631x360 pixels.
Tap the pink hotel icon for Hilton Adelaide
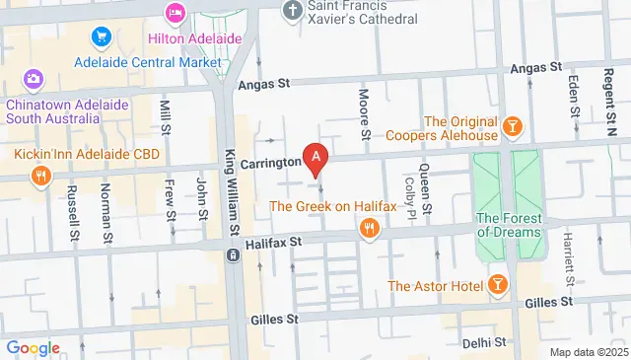(175, 14)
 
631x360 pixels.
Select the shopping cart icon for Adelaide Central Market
(101, 37)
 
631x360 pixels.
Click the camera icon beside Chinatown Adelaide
(34, 79)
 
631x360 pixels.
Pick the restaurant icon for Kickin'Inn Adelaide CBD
(39, 178)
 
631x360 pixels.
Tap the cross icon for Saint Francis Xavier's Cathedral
(291, 11)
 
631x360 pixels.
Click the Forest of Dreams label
(508, 225)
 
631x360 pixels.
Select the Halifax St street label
(274, 241)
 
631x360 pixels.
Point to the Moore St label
(364, 113)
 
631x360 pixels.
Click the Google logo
(33, 348)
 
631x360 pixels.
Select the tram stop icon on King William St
(233, 255)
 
